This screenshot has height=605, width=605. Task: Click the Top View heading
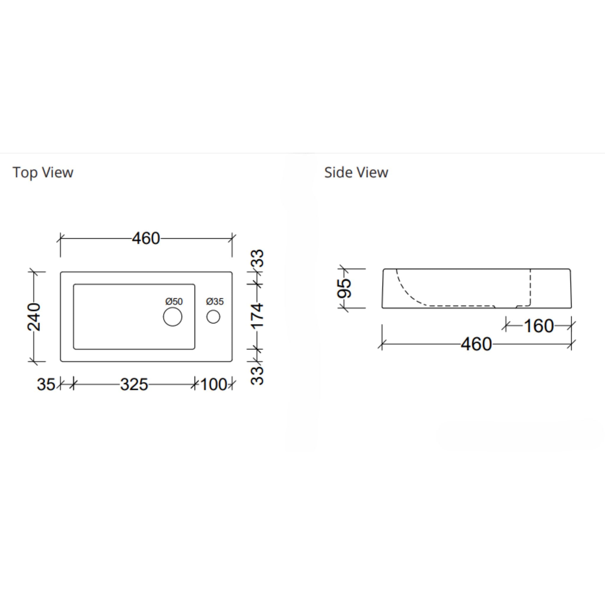coord(43,173)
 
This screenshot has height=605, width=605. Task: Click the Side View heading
coord(356,173)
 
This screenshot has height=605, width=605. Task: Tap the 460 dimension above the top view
coord(146,239)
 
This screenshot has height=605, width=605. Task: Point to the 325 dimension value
coord(134,385)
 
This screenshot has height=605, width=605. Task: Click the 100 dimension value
coord(214,385)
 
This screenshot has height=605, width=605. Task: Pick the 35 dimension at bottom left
coord(46,385)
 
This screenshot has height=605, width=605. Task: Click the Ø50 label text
coord(174,302)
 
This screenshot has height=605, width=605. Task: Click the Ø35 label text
coord(215,302)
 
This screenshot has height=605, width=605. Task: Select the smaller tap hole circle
coord(213,317)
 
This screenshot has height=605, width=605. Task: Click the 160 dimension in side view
coord(539,326)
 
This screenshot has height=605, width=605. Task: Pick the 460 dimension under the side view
coord(476,344)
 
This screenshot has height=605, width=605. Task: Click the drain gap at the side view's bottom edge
coord(505,308)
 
